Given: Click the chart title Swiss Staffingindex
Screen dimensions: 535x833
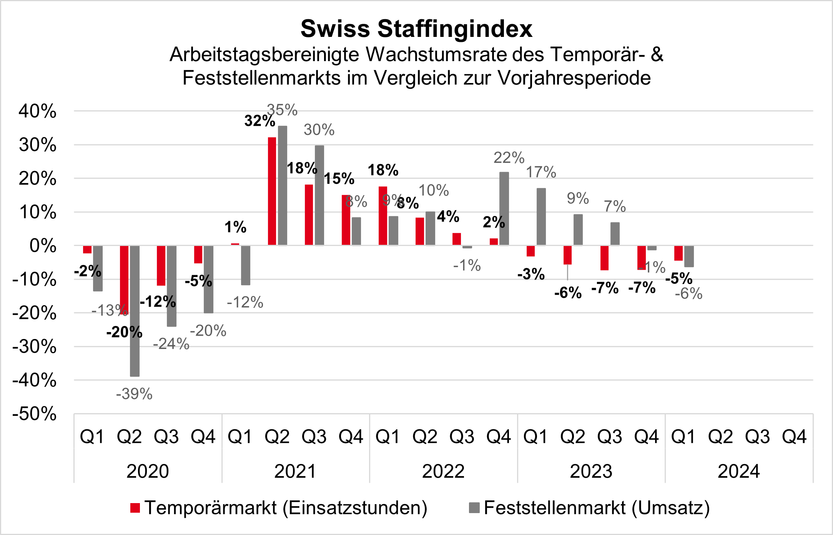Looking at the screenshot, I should point(416,29).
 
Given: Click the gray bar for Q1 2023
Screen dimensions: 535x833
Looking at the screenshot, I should point(541,217).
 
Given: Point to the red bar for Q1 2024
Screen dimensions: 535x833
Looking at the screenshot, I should point(678,253).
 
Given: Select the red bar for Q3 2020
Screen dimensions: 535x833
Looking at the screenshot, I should point(161,266).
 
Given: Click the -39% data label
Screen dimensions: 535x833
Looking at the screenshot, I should point(134,394).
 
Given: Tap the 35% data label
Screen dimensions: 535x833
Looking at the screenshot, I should point(282,110).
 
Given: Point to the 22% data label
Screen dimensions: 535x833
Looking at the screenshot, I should point(509,158).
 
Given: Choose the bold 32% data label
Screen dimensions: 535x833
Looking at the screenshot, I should point(260,121).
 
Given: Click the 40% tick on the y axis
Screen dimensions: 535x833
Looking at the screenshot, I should point(37,111).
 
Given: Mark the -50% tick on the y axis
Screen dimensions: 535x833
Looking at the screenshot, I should point(34,414).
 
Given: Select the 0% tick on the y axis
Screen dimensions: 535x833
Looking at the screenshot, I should point(43,246).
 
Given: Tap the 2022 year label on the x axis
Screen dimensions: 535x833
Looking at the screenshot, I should point(443,471).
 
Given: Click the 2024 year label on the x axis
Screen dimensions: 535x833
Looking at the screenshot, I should point(739,471).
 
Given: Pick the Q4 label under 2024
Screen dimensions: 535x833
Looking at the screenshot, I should point(794,437).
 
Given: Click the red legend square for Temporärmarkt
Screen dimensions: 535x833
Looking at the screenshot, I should point(135,508).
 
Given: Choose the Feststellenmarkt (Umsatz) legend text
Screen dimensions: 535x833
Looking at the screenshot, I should point(597,508).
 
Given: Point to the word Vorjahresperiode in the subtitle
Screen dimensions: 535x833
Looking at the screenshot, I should point(574,78).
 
